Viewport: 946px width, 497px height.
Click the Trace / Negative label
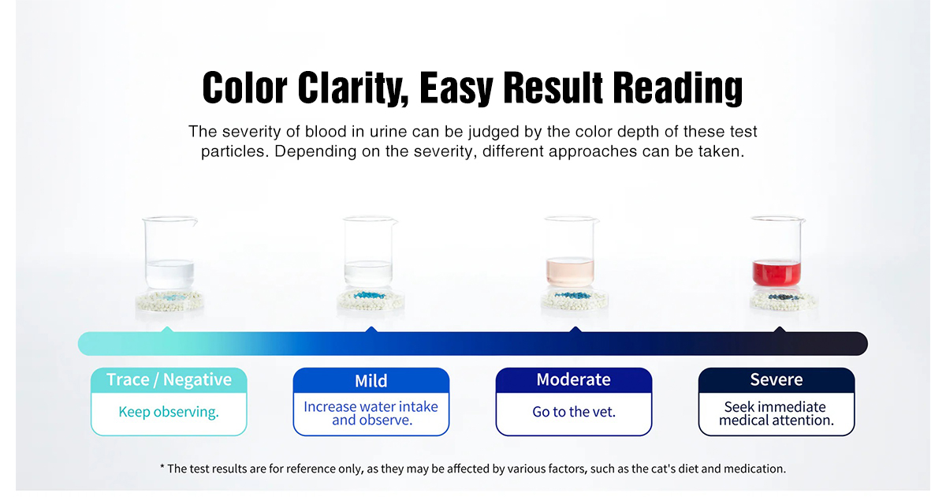[x=169, y=380]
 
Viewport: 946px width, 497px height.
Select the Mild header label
[x=371, y=381]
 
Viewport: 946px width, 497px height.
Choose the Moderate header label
[x=573, y=379]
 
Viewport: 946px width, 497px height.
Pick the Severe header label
[x=776, y=380]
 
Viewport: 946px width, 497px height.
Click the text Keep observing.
[x=169, y=412]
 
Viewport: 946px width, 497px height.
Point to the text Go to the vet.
[x=573, y=412]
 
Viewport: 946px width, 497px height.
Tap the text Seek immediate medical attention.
[x=777, y=413]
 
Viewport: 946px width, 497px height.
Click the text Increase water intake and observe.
[x=371, y=413]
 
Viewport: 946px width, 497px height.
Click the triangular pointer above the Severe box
[x=779, y=328]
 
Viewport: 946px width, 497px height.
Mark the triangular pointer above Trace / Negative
[x=166, y=328]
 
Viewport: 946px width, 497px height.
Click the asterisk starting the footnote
[x=162, y=468]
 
